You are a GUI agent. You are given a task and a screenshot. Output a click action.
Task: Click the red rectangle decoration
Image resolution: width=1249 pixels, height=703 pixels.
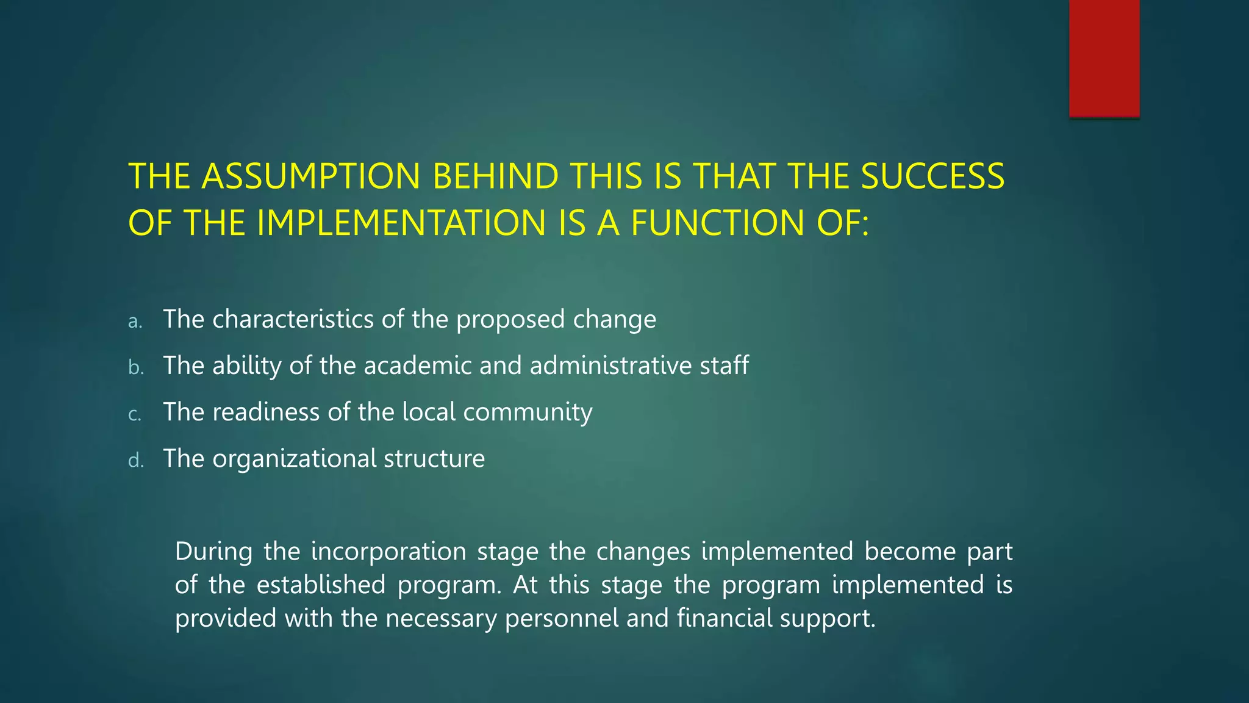coord(1104,58)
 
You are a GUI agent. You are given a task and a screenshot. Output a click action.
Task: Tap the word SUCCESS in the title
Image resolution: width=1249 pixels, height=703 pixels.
coord(932,176)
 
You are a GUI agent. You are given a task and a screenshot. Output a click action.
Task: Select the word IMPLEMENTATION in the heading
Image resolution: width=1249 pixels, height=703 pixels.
coord(401,223)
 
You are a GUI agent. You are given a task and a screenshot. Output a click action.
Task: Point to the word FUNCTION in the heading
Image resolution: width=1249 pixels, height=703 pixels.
coord(718,223)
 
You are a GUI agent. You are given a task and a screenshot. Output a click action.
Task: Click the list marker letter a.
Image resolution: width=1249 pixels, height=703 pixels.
coord(135,322)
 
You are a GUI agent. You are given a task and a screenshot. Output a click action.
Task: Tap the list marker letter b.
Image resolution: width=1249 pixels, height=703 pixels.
coord(135,367)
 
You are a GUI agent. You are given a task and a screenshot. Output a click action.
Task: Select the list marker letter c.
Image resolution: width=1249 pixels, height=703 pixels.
coord(135,414)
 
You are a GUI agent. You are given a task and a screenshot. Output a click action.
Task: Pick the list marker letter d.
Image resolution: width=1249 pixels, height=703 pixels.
coord(135,460)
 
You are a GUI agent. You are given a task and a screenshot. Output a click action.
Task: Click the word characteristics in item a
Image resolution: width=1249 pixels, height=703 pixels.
coord(293,319)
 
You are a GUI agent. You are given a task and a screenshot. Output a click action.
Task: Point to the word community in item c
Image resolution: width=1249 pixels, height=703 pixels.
coord(528,413)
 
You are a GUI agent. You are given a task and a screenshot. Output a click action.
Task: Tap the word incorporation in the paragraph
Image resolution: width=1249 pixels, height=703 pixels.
coord(388,552)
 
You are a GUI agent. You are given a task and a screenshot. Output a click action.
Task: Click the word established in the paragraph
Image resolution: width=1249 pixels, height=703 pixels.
coord(321,585)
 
